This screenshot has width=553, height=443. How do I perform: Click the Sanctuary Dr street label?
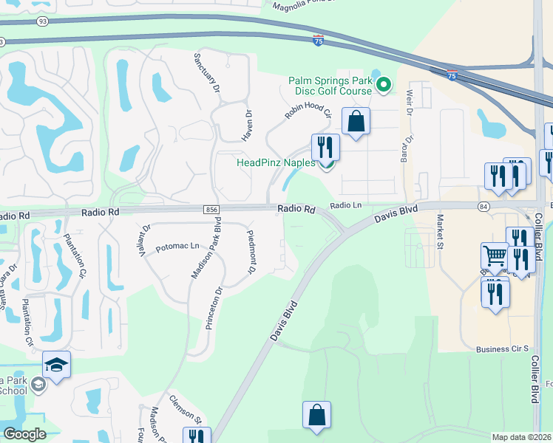[x=208, y=72]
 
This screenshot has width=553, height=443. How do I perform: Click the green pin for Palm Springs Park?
[x=383, y=86]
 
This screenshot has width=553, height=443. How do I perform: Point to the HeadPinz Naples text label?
[x=276, y=162]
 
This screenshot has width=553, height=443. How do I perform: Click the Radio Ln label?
[x=347, y=206]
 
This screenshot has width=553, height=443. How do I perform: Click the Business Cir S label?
[x=503, y=348]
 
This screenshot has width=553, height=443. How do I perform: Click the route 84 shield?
[x=484, y=206]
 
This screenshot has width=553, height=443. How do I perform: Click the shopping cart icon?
[x=495, y=257]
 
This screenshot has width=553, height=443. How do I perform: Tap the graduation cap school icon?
[x=56, y=364]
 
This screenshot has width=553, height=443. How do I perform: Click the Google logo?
[x=24, y=434]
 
